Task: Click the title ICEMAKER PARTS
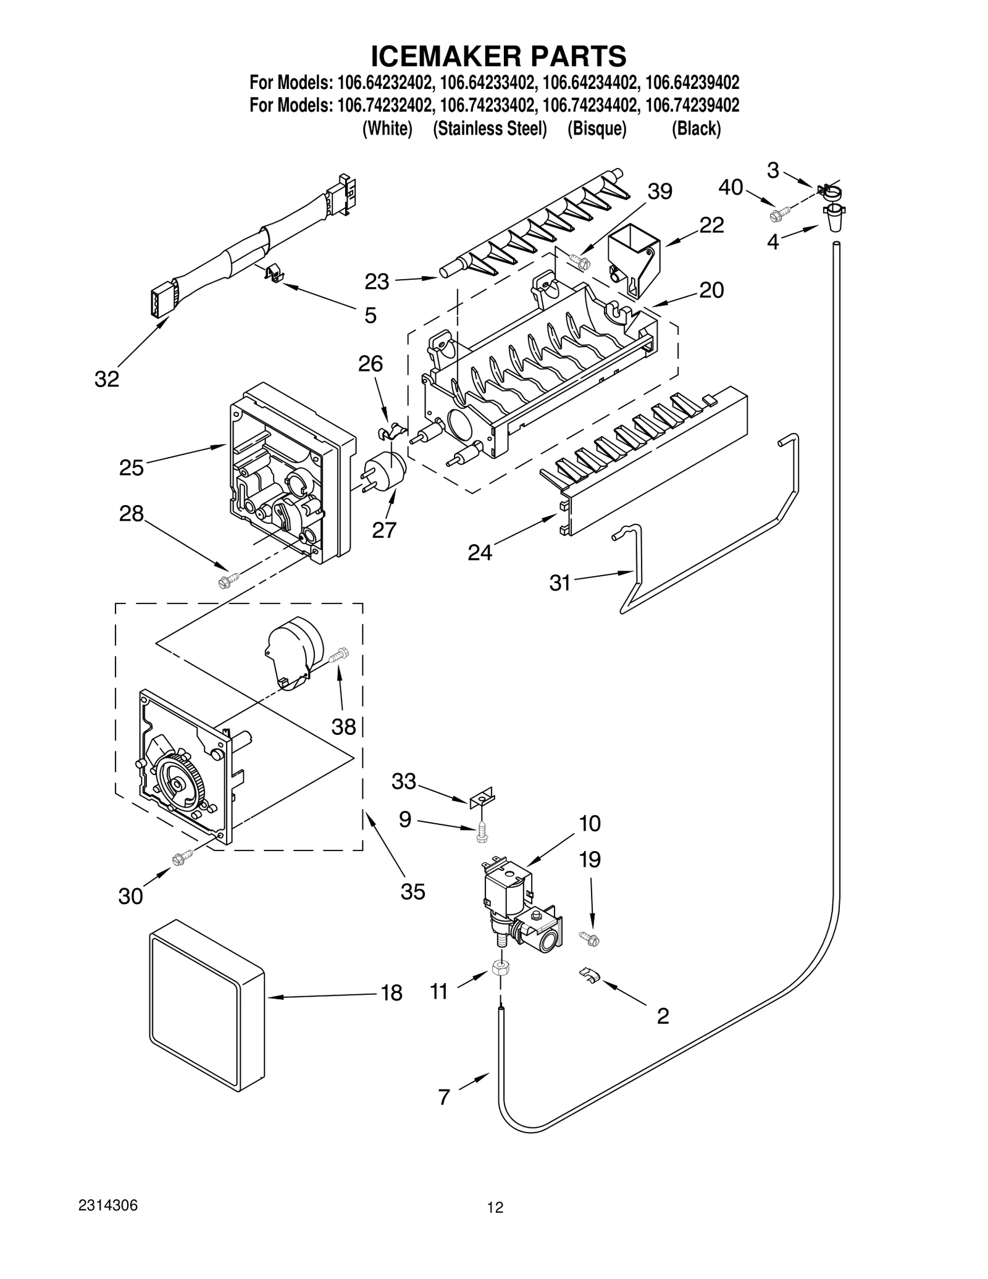[498, 56]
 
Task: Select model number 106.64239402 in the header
[692, 82]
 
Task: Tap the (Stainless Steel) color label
[490, 128]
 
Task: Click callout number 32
[106, 379]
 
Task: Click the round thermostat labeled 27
[386, 469]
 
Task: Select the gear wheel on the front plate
[178, 782]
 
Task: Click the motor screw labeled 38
[339, 654]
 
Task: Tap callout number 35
[412, 891]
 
